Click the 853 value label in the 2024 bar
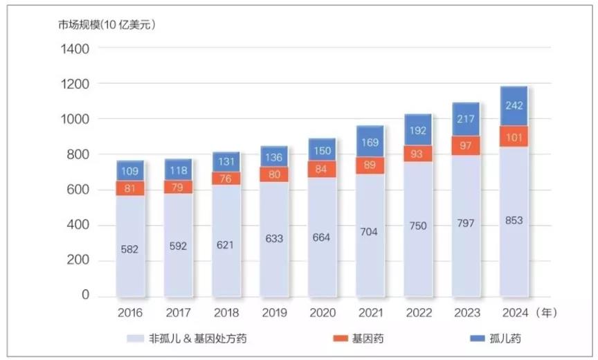click(x=514, y=221)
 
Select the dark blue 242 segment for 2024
click(x=514, y=106)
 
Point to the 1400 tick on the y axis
click(x=75, y=48)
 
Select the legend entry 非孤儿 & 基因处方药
click(x=187, y=339)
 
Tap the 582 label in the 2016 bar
click(x=129, y=249)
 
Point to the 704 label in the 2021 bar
click(x=370, y=232)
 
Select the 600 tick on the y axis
click(x=79, y=190)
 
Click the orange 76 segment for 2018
click(x=226, y=179)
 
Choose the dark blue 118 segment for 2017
click(x=178, y=170)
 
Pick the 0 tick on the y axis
click(x=85, y=296)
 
